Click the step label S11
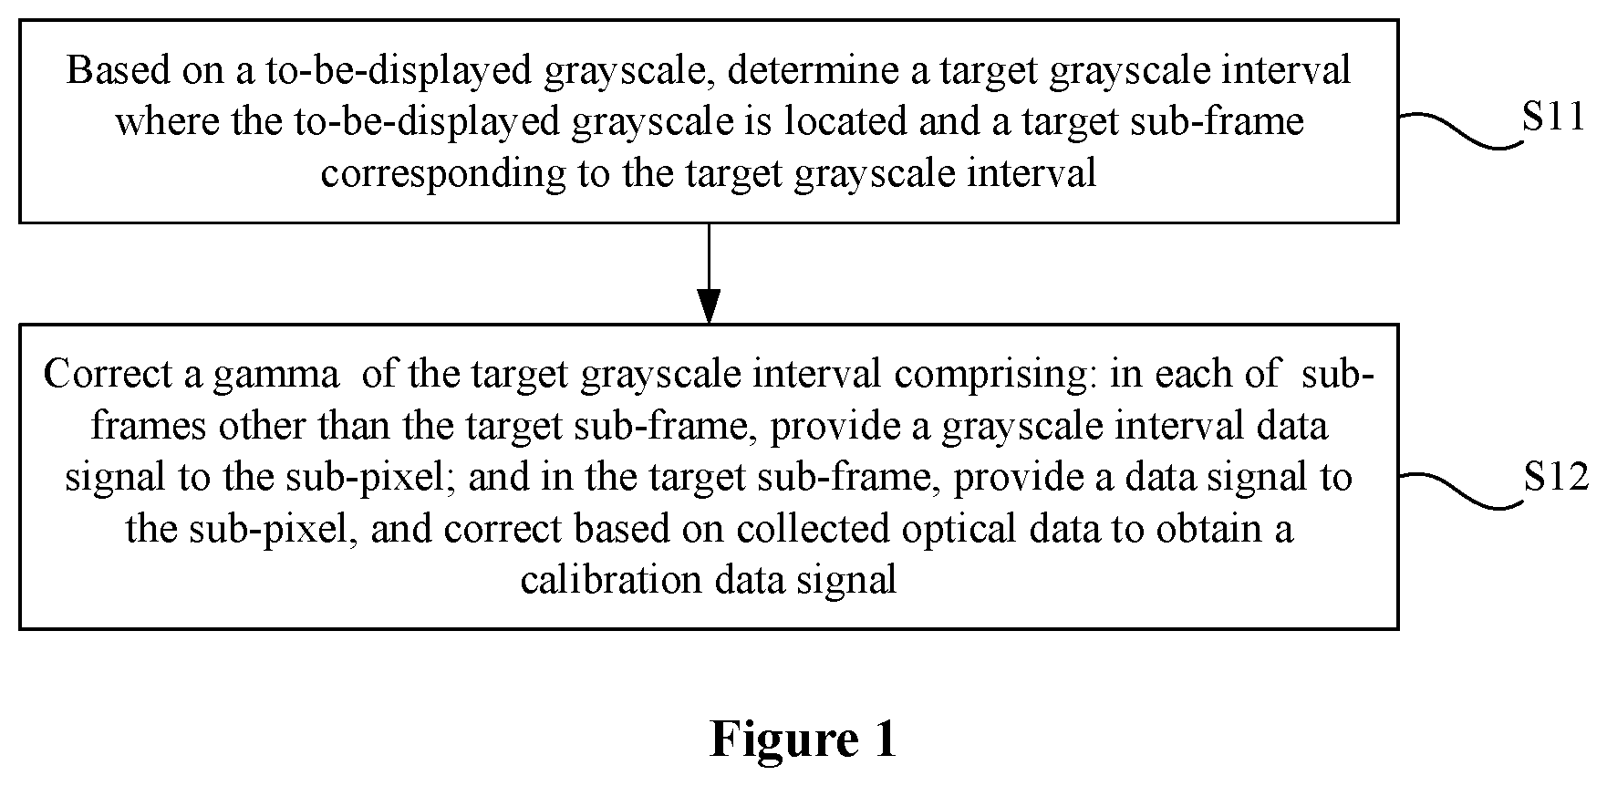(x=1555, y=119)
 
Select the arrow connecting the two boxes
(x=709, y=274)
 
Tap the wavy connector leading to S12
(x=1461, y=491)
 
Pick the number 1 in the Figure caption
(x=885, y=739)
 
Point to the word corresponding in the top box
(x=444, y=172)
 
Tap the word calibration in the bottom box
(x=613, y=579)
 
